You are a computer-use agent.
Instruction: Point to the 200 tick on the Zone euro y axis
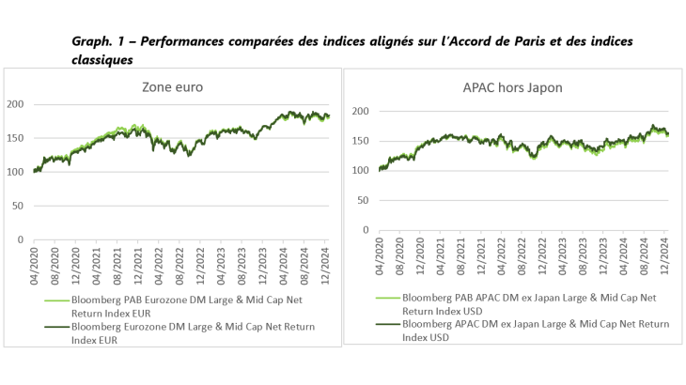coord(16,104)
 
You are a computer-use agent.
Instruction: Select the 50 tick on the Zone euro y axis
coord(19,206)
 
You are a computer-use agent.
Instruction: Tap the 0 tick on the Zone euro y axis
coord(22,239)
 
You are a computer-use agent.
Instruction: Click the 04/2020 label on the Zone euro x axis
coord(37,263)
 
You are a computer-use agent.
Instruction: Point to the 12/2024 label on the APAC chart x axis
coord(665,253)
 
